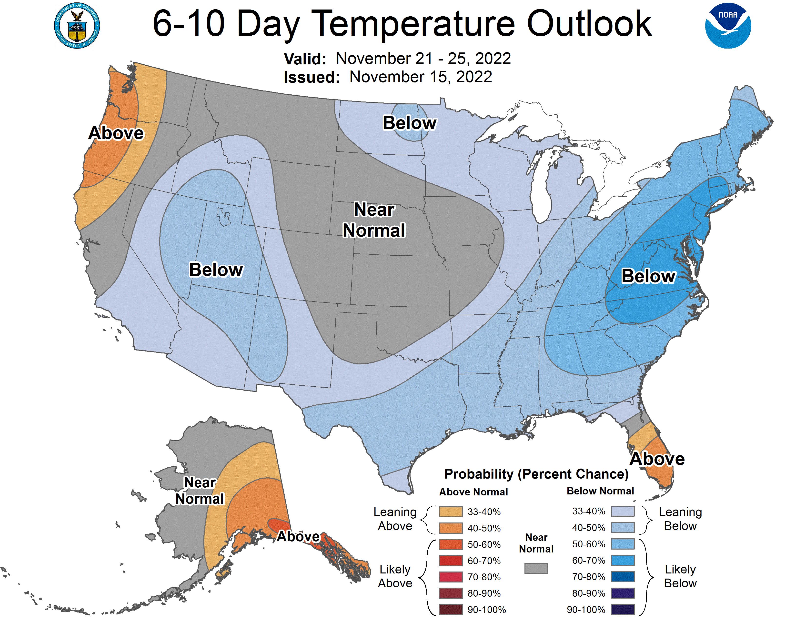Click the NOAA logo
728,26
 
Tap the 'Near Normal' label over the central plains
374,220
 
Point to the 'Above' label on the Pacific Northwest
116,133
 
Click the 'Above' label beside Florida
657,459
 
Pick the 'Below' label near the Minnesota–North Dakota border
410,123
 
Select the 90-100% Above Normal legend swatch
450,610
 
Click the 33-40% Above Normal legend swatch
450,512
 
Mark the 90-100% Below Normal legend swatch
623,610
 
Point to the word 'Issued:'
312,77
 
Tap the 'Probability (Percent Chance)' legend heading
536,474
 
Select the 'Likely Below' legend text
680,576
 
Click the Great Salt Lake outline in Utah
224,216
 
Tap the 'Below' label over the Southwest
216,270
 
